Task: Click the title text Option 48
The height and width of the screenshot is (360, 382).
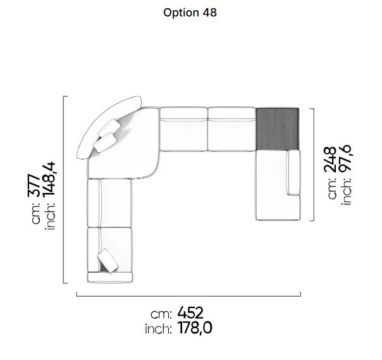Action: click(x=190, y=13)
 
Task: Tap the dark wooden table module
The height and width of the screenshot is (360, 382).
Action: click(x=277, y=129)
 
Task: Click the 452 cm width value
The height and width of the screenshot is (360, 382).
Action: click(x=190, y=313)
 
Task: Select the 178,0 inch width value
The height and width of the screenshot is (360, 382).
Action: click(x=195, y=328)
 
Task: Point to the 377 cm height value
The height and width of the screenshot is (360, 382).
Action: click(x=34, y=185)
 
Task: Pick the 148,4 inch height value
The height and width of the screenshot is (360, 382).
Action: click(x=49, y=180)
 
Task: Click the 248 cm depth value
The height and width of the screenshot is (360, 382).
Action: click(x=330, y=159)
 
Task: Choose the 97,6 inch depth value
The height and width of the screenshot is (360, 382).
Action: click(x=345, y=159)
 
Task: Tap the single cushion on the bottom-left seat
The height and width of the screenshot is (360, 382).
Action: click(x=108, y=261)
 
